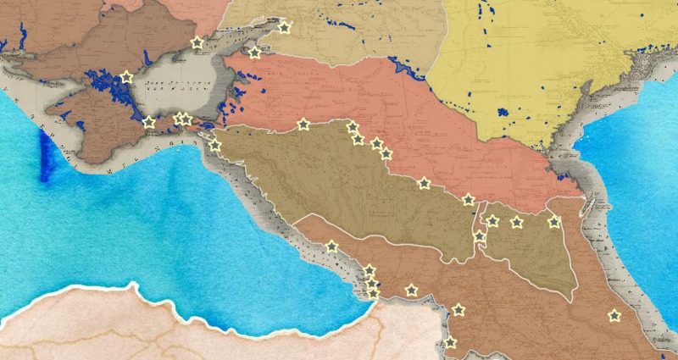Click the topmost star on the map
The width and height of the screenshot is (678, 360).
pos(284,28)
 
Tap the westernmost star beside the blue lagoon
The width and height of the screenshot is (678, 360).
pos(126,77)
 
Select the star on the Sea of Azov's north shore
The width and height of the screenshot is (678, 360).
pos(197,42)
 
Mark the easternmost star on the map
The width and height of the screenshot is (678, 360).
pos(614,316)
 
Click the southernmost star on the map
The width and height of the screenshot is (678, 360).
pos(449,342)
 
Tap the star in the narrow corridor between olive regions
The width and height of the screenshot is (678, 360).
pos(480,235)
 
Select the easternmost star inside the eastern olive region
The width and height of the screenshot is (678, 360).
pos(553,222)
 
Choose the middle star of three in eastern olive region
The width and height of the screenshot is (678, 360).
pos(516,222)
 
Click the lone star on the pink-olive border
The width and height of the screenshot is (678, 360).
pos(303,125)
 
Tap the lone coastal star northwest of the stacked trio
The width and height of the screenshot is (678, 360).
pos(331,247)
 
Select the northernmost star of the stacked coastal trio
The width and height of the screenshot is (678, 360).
pos(370,271)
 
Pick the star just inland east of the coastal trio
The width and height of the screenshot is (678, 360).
pos(411,291)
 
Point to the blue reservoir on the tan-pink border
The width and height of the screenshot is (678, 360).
pos(398,68)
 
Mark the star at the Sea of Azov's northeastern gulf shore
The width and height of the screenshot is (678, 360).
pos(254,53)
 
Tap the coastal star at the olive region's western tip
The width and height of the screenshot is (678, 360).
pos(215,145)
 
